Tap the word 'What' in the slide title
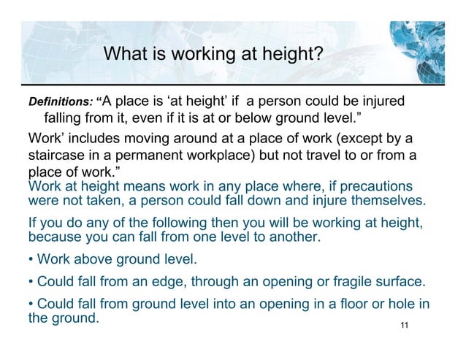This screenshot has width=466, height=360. click(x=126, y=54)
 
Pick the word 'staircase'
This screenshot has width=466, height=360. click(x=58, y=156)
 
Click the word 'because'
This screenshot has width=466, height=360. click(x=56, y=237)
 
